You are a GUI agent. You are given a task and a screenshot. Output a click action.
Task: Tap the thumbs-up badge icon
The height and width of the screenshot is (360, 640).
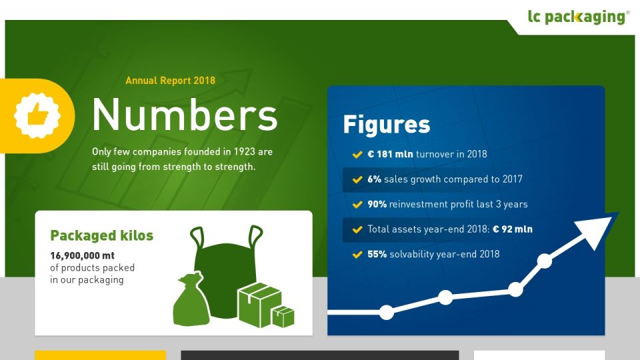(37, 115)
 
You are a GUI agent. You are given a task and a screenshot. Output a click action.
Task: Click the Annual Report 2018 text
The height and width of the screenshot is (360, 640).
(170, 81)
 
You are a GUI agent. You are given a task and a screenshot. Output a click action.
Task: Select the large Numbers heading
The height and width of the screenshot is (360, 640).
(185, 115)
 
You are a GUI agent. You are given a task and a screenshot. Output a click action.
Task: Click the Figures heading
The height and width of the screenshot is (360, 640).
(387, 125)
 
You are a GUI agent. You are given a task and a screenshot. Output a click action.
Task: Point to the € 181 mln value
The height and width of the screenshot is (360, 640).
(390, 154)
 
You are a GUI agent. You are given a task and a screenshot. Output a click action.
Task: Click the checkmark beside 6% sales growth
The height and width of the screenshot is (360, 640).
(357, 179)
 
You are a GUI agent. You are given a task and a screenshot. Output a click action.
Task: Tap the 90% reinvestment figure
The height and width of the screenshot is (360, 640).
(377, 204)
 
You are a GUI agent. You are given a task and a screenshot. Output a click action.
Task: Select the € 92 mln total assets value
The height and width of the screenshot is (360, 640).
(513, 229)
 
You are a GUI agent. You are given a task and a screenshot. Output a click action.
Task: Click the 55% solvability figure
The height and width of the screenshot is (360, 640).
(377, 254)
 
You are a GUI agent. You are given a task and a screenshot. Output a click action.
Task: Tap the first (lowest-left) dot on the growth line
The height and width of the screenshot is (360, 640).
(386, 312)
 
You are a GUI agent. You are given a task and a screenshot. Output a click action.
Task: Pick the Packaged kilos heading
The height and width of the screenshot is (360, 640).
(101, 235)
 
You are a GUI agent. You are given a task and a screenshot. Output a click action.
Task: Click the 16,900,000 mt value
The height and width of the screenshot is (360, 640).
(83, 256)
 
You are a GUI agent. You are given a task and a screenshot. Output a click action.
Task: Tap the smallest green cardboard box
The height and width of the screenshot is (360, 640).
(283, 317)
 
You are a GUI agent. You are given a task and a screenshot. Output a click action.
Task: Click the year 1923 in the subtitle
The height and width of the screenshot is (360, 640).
(245, 152)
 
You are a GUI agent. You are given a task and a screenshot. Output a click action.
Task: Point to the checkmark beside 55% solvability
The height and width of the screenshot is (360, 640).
(357, 255)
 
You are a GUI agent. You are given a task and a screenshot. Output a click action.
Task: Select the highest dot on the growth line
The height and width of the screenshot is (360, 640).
(545, 261)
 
